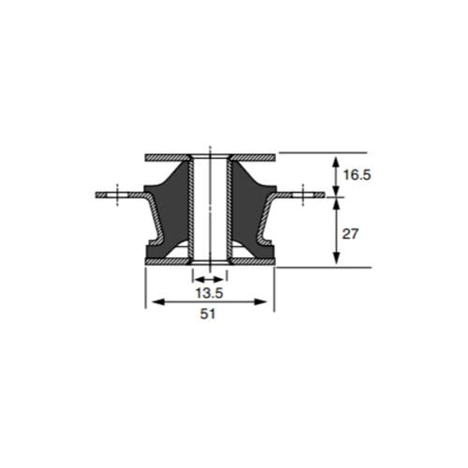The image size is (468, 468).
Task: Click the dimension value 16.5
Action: tap(357, 173)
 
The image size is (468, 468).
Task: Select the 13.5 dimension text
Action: tap(209, 293)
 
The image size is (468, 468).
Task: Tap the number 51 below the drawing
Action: tap(209, 315)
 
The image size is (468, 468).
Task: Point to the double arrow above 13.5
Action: tap(209, 279)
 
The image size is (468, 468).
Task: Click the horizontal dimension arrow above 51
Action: tap(209, 301)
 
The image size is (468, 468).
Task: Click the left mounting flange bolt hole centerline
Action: tap(116, 194)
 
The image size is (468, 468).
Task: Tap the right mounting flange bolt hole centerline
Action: tap(302, 194)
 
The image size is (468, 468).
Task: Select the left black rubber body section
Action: tap(167, 211)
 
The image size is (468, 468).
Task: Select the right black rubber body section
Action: tap(251, 211)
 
